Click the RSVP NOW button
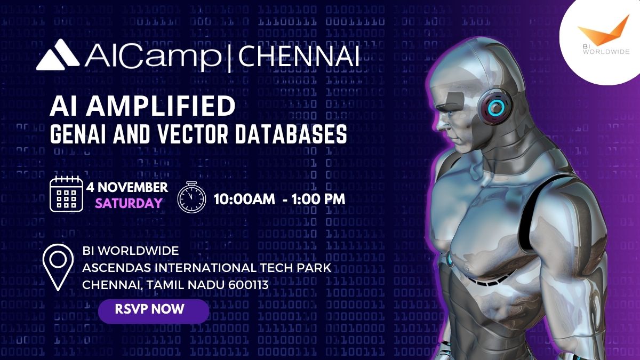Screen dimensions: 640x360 click(154, 311)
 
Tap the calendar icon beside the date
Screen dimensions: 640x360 click(66, 194)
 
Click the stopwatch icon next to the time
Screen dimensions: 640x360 click(191, 197)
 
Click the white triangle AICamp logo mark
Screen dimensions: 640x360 click(58, 54)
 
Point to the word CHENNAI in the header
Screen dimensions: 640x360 click(299, 57)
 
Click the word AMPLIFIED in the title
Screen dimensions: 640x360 click(161, 106)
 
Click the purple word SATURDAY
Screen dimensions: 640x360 click(129, 203)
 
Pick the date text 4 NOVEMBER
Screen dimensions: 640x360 click(127, 187)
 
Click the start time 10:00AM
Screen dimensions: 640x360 click(244, 199)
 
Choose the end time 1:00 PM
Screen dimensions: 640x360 click(318, 199)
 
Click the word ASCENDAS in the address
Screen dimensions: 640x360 click(117, 268)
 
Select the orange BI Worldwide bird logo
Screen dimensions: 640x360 click(603, 31)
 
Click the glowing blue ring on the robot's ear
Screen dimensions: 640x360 click(496, 107)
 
